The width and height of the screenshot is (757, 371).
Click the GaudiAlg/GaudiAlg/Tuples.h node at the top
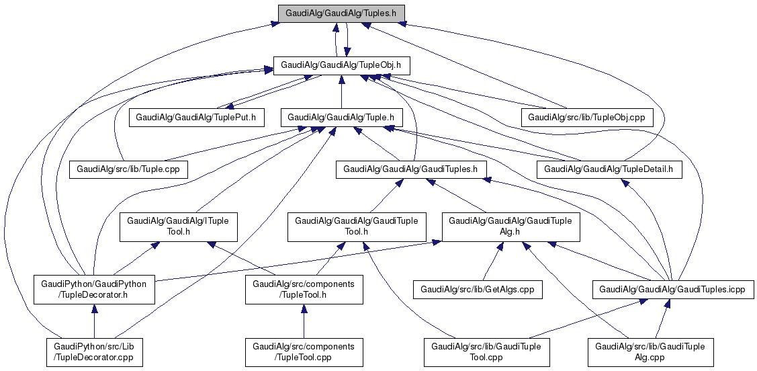click(341, 13)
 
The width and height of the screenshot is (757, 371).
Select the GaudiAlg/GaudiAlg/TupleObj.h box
click(341, 65)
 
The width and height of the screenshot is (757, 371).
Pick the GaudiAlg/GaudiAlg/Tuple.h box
click(341, 116)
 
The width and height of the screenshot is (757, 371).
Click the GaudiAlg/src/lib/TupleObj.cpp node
click(586, 116)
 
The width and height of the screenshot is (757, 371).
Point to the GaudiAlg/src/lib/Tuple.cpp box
click(128, 169)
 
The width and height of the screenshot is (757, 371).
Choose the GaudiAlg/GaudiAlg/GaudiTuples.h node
click(410, 169)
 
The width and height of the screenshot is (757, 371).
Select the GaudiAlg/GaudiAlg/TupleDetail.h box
click(609, 169)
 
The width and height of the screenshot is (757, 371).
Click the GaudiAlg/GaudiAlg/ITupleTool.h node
click(178, 226)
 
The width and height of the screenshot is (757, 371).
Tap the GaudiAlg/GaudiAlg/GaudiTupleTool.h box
click(357, 226)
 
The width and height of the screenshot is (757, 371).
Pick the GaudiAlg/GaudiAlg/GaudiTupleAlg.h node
click(510, 226)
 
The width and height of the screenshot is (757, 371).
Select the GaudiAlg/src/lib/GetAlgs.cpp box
click(478, 290)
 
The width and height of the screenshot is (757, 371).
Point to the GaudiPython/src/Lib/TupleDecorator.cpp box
click(94, 352)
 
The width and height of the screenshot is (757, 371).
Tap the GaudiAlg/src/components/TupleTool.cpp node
click(304, 352)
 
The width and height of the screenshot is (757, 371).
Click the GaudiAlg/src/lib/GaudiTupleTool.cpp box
click(487, 352)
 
